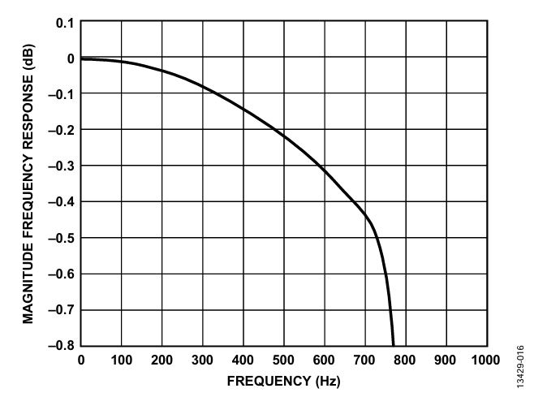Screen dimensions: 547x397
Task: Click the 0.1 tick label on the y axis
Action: pos(65,24)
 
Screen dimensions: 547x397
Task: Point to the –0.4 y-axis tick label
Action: pos(62,202)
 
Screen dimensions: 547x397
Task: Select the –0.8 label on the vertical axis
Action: pos(62,345)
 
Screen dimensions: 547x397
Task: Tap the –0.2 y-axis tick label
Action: pos(62,131)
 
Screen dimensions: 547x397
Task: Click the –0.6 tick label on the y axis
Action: pos(62,274)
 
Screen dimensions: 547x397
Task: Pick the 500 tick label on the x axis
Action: pos(283,360)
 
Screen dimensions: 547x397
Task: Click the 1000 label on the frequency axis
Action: pos(485,360)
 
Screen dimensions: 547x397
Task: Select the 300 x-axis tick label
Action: pos(202,360)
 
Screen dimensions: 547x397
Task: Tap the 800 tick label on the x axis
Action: pos(405,360)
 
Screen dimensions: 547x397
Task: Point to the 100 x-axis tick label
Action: pos(122,360)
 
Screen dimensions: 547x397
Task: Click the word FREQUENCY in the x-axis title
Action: pos(269,381)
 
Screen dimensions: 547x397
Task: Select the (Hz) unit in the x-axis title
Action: pos(328,382)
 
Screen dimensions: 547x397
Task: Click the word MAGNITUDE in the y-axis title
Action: pos(28,283)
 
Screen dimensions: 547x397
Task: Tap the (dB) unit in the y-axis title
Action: pos(28,57)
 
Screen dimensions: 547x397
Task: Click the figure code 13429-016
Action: pos(520,366)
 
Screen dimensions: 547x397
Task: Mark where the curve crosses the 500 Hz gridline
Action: pos(284,136)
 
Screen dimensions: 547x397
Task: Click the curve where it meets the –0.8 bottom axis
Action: pos(393,345)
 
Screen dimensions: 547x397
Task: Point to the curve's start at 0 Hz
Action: pos(81,58)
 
